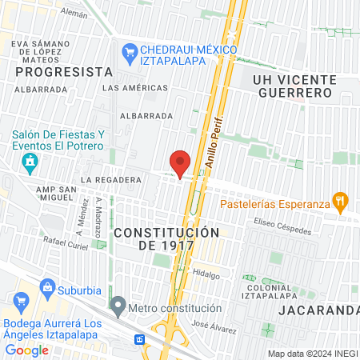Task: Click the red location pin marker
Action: pyautogui.click(x=180, y=162)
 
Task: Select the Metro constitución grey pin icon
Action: pyautogui.click(x=118, y=306)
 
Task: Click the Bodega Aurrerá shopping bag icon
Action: pyautogui.click(x=22, y=302)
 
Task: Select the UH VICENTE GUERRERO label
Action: pyautogui.click(x=292, y=86)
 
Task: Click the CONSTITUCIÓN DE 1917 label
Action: pyautogui.click(x=166, y=238)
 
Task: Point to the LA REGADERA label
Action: pyautogui.click(x=111, y=180)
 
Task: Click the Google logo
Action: pyautogui.click(x=26, y=350)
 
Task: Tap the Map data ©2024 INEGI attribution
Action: pyautogui.click(x=311, y=354)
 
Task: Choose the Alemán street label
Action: pyautogui.click(x=74, y=14)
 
